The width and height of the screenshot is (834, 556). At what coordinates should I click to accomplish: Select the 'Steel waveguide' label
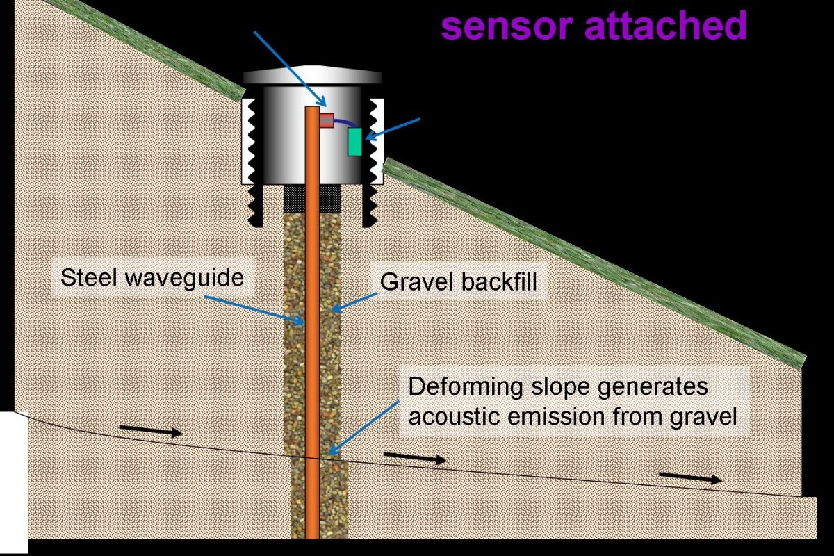(152, 279)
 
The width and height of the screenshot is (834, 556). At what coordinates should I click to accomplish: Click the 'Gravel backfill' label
(459, 281)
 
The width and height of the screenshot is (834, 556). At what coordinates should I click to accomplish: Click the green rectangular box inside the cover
(355, 142)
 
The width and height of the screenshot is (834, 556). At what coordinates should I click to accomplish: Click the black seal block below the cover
(311, 199)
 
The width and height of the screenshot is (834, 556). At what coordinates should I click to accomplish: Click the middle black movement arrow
(414, 458)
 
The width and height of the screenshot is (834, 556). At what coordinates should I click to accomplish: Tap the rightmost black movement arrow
(689, 477)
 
